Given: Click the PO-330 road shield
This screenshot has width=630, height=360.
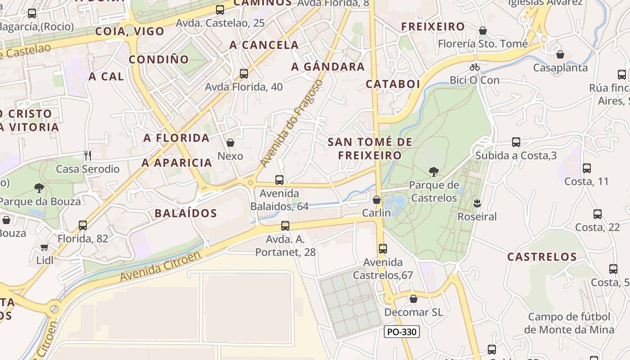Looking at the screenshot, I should pyautogui.click(x=402, y=332).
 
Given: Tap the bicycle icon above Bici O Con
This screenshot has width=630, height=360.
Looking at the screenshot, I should pyautogui.click(x=475, y=67).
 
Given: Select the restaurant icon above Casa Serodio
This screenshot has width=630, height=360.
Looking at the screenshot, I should pyautogui.click(x=88, y=156).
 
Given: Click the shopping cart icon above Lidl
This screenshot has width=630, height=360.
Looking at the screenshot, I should pyautogui.click(x=44, y=247).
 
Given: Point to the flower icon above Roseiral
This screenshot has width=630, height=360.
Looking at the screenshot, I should pyautogui.click(x=477, y=203).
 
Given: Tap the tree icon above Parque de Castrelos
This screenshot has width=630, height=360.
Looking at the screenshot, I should pyautogui.click(x=434, y=171).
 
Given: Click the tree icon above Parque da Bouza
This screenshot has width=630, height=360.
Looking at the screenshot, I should pyautogui.click(x=39, y=188).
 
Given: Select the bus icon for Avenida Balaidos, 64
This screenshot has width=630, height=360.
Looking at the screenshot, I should pyautogui.click(x=279, y=180).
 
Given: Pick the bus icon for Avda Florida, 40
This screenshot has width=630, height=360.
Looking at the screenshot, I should pyautogui.click(x=244, y=73).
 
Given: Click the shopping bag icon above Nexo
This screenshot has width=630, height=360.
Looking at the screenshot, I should pyautogui.click(x=230, y=143).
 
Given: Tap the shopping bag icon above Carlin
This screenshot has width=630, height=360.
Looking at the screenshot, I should pyautogui.click(x=377, y=199).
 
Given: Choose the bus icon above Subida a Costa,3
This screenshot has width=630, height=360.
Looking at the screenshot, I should pyautogui.click(x=516, y=142).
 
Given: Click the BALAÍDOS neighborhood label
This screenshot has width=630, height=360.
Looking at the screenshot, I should pyautogui.click(x=186, y=213).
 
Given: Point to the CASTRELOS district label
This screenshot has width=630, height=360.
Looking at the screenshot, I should pyautogui.click(x=542, y=257).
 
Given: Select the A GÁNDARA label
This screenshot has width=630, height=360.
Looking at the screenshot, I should pyautogui.click(x=328, y=67).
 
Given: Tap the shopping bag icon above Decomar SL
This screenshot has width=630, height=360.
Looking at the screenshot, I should pyautogui.click(x=414, y=299).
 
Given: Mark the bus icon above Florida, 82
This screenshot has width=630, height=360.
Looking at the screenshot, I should pyautogui.click(x=83, y=225).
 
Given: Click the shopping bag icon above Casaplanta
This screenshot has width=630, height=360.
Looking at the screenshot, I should pyautogui.click(x=560, y=54).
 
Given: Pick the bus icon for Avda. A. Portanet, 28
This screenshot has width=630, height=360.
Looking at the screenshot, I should pyautogui.click(x=285, y=226).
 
